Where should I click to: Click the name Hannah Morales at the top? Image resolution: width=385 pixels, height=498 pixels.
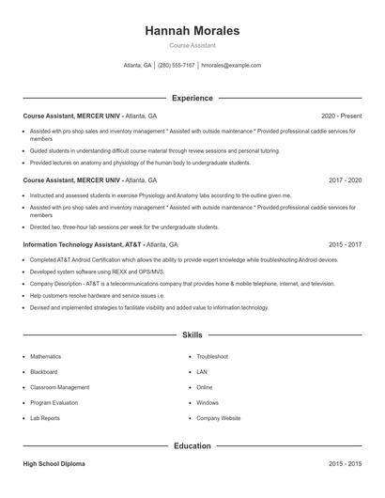pos(192,31)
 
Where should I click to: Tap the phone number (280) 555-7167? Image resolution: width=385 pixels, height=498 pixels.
pos(177,66)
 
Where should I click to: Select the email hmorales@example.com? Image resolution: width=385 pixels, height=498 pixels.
pos(231,66)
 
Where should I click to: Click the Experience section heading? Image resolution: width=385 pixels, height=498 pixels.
pos(192,98)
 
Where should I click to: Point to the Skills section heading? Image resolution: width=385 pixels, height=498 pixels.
pos(192,335)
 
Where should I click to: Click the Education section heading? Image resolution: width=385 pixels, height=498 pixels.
pos(192,446)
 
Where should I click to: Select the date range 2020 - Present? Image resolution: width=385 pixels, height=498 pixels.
pos(341,116)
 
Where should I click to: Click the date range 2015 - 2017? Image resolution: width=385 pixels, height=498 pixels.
pos(345,243)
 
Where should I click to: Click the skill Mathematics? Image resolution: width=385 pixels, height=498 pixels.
pos(45,357)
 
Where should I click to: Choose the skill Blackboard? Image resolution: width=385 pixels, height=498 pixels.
pos(44,372)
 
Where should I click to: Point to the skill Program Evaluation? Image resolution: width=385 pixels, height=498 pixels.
pos(54,402)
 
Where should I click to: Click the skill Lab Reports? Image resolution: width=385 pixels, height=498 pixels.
pos(45,417)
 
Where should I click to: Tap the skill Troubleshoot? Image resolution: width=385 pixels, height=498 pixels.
pos(212,357)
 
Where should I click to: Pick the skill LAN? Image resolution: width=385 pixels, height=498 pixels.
pos(202,372)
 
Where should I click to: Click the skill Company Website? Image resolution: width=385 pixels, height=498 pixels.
pos(219,417)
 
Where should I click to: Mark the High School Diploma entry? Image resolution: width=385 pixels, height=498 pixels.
pos(55,464)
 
